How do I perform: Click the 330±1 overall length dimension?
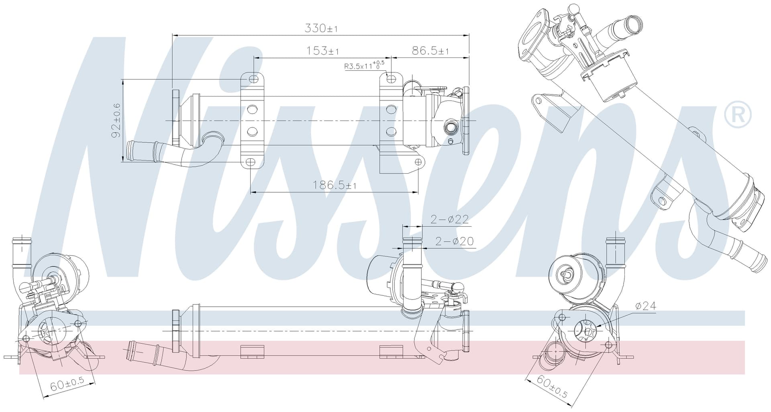pos(321,28)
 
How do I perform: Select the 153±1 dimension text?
pos(322,51)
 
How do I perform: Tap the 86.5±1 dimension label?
pos(430,51)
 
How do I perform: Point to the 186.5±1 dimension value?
pos(335,185)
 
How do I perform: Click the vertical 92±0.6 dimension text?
pos(116,120)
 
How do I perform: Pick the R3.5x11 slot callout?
pos(364,66)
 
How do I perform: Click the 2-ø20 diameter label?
pos(455,241)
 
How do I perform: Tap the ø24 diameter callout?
pos(645,306)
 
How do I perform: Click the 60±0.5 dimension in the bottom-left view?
pos(67,384)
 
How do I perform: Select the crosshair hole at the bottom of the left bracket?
pos(250,162)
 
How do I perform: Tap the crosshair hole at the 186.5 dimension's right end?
pos(418,162)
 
